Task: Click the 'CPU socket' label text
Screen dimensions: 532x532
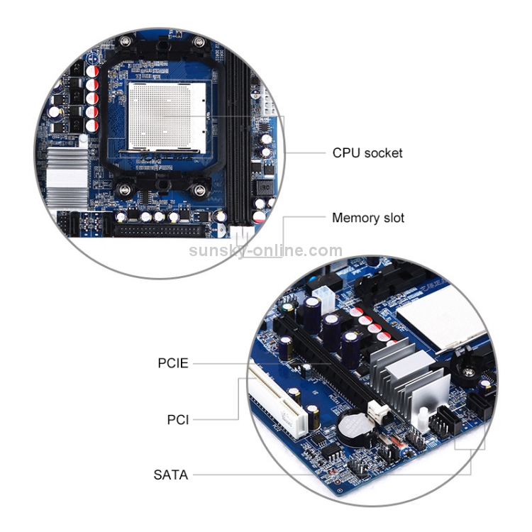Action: [367, 153]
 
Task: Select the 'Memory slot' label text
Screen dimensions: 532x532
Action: [368, 218]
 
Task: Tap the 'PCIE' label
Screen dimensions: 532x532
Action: [173, 363]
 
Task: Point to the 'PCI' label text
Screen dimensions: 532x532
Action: [177, 419]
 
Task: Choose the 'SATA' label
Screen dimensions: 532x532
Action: [171, 475]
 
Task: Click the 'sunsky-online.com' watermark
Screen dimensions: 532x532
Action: [266, 250]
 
